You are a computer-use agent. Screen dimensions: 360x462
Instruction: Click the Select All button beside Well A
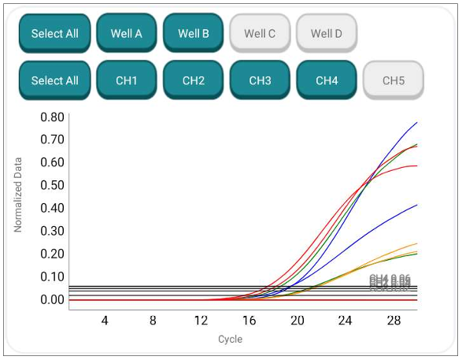[x=54, y=33]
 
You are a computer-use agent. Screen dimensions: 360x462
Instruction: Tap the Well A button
[x=127, y=33]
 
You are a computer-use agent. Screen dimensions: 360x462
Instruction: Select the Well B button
[x=193, y=33]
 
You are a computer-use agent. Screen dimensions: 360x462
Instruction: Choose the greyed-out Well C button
[x=260, y=33]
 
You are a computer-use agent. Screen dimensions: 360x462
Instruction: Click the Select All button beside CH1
[x=54, y=80]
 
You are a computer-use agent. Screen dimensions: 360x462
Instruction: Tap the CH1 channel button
[x=127, y=80]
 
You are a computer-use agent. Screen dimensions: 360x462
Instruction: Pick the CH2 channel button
[x=193, y=80]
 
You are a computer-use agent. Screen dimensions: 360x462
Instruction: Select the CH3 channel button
[x=260, y=80]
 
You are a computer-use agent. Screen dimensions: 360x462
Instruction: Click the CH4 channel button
[x=326, y=80]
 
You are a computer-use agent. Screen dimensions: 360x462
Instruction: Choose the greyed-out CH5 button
[x=393, y=80]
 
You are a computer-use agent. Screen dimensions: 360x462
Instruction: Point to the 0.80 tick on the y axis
[x=52, y=117]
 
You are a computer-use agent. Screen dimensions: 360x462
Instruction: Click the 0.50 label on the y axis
[x=52, y=185]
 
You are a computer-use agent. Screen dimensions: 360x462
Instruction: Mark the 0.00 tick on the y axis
[x=52, y=300]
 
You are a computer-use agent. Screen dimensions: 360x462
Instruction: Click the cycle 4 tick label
[x=105, y=321]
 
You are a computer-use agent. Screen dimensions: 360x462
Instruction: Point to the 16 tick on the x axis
[x=249, y=321]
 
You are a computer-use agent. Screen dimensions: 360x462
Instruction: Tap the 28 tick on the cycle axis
[x=394, y=321]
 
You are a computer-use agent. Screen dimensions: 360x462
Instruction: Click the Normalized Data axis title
[x=18, y=194]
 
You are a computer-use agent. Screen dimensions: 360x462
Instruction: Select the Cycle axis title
[x=230, y=340]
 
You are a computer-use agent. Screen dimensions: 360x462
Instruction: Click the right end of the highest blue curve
[x=416, y=123]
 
